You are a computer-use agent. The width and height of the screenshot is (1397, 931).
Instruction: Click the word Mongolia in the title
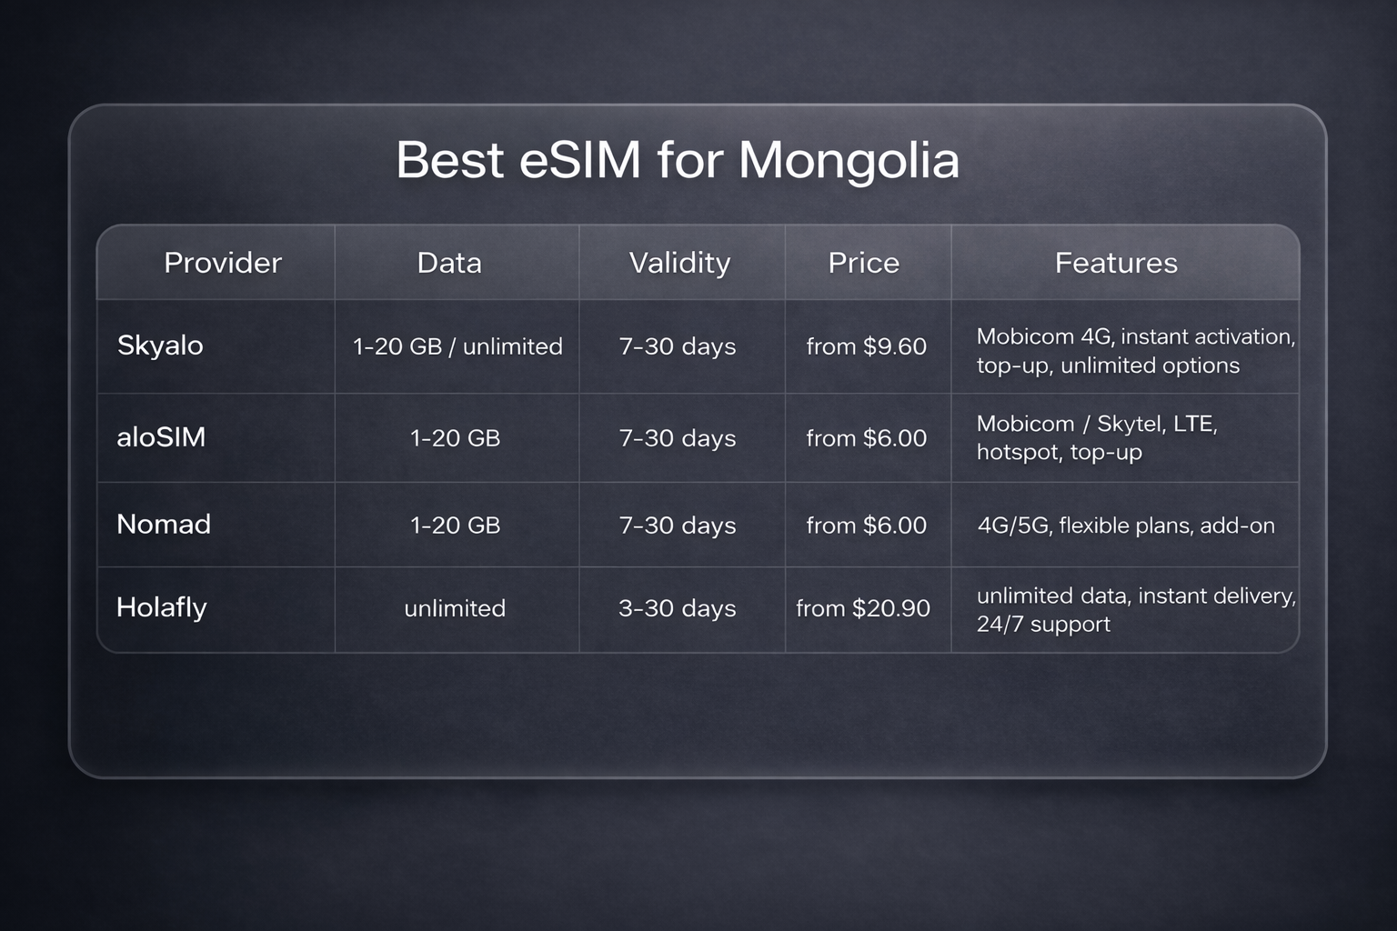click(849, 161)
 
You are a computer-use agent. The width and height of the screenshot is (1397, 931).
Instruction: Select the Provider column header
click(223, 263)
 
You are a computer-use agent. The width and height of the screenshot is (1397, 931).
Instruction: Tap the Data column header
click(449, 263)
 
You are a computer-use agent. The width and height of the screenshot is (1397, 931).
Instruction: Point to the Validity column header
click(679, 263)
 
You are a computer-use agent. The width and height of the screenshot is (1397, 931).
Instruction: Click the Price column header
click(863, 263)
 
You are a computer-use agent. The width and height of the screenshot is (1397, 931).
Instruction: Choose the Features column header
click(1116, 263)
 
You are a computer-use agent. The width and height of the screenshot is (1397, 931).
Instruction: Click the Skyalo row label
click(160, 345)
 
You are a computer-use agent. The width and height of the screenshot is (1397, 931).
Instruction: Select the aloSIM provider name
click(161, 437)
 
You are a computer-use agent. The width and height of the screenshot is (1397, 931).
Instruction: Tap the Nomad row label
click(164, 525)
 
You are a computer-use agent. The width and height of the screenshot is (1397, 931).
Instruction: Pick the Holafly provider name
click(162, 607)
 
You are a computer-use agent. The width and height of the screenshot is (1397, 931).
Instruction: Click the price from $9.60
click(866, 346)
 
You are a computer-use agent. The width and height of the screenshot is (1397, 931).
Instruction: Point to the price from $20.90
click(863, 608)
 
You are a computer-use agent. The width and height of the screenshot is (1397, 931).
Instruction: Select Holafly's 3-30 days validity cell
click(678, 608)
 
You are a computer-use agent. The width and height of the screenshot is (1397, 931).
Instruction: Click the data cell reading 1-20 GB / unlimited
click(457, 346)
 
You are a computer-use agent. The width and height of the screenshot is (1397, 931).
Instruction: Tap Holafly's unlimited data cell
click(455, 608)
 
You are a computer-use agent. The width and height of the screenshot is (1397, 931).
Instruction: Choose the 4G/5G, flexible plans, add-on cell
click(1126, 526)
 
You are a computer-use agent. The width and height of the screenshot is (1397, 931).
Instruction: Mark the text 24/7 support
click(1043, 625)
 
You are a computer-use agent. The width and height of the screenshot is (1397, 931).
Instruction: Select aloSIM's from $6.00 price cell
click(866, 438)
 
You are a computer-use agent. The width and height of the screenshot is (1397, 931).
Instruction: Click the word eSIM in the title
click(580, 161)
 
